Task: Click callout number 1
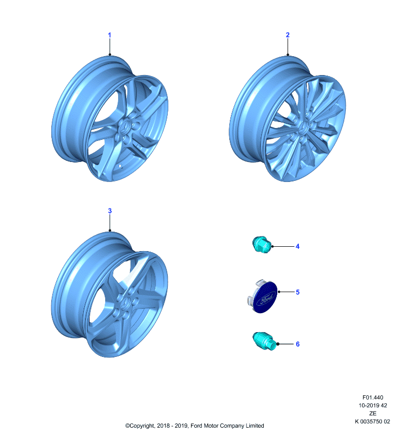coord(110,35)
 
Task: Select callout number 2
coord(288,35)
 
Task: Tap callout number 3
coord(110,211)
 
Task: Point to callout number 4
coord(297,246)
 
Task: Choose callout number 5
coord(297,292)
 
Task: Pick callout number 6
coord(297,344)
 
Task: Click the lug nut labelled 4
coord(262,245)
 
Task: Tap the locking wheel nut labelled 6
coord(264,341)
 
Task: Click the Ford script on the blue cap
coord(266,299)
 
